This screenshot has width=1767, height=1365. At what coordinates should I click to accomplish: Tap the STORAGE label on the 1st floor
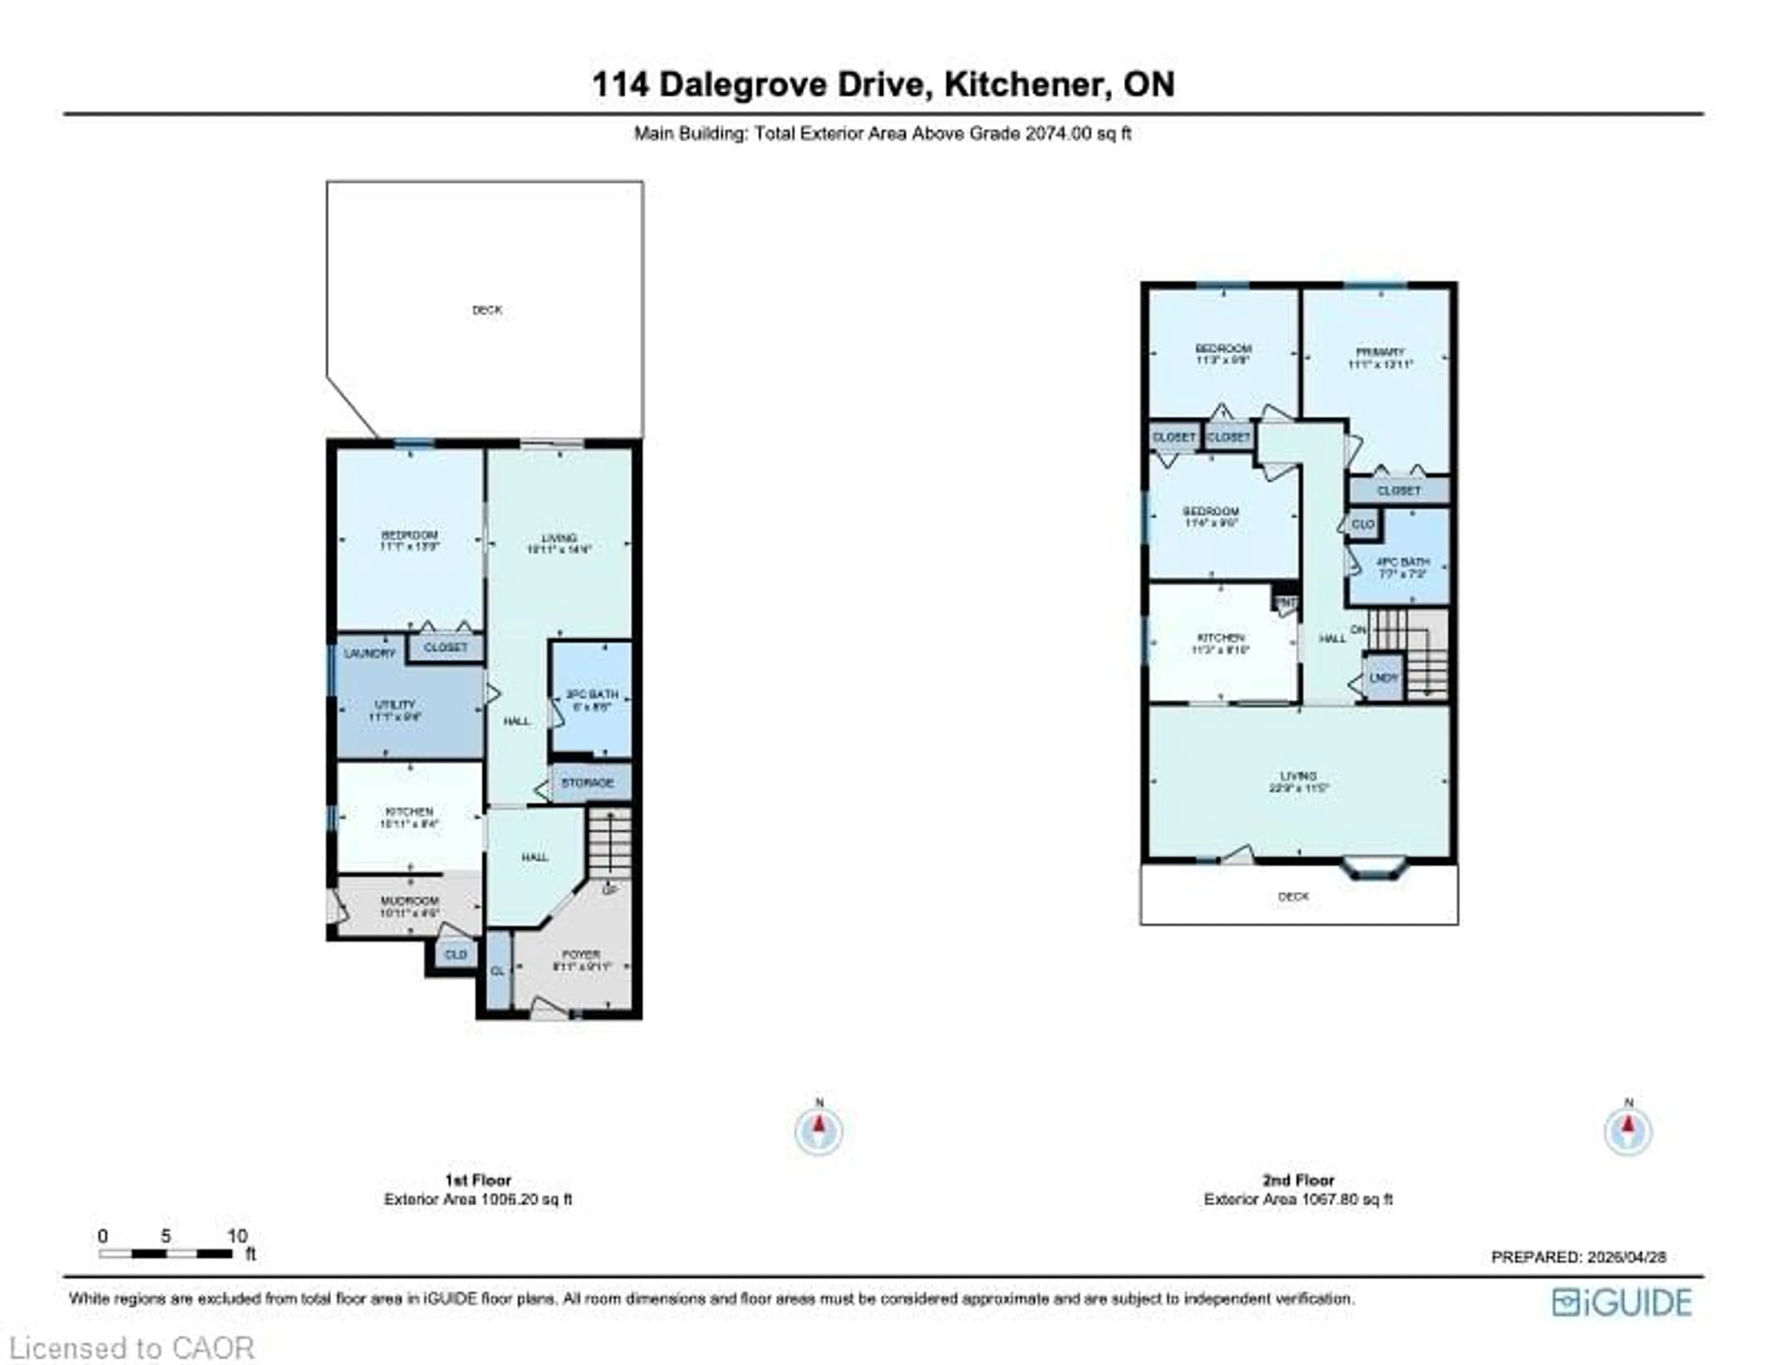(x=587, y=783)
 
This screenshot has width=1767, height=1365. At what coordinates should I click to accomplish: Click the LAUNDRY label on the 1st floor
(x=370, y=653)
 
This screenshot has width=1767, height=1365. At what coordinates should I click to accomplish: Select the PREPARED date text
(x=1578, y=1256)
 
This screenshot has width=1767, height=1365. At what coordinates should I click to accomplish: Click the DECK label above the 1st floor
(x=487, y=310)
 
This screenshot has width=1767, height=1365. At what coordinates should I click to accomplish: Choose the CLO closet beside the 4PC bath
(x=1363, y=524)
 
